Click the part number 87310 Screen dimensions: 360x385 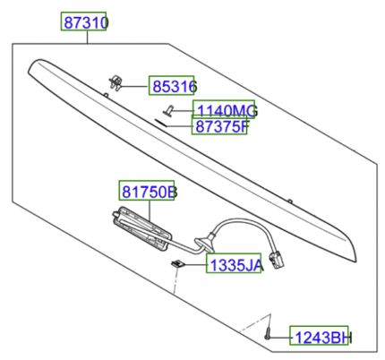pyautogui.click(x=83, y=21)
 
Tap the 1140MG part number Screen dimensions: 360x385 pyautogui.click(x=226, y=111)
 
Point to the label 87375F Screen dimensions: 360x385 pyautogui.click(x=220, y=126)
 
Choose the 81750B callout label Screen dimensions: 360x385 pyautogui.click(x=149, y=192)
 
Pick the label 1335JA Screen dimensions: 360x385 pyautogui.click(x=234, y=265)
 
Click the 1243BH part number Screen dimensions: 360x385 pyautogui.click(x=321, y=337)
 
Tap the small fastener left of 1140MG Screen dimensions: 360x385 pyautogui.click(x=167, y=111)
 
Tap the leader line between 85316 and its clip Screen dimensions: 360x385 pyautogui.click(x=135, y=87)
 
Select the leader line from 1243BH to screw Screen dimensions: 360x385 pyautogui.click(x=281, y=337)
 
